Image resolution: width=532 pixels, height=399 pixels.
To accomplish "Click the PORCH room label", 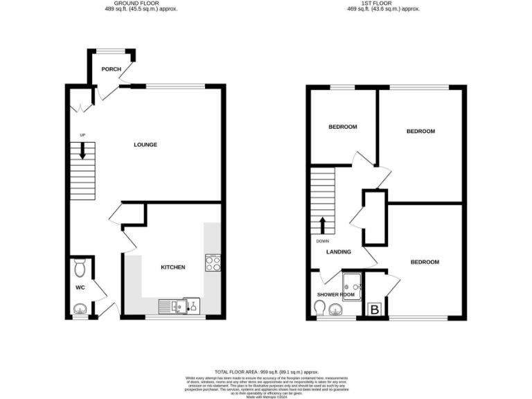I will point(111,69).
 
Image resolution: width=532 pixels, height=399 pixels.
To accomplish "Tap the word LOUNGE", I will point(145,145).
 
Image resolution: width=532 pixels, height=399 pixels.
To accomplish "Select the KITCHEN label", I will point(172,267).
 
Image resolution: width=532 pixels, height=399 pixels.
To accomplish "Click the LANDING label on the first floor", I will point(339,251).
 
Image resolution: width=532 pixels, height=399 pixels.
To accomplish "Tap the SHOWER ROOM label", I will point(335,294).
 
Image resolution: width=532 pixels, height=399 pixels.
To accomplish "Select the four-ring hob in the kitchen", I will point(212,263).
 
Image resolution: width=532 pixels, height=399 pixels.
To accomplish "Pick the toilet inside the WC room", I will point(80,267).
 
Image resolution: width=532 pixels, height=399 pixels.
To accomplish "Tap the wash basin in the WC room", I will point(80,309).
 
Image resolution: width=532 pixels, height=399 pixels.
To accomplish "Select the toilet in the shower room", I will point(319,310).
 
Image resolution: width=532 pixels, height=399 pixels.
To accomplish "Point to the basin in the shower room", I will point(336,309).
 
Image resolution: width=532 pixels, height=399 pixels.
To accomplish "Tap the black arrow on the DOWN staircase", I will point(322,225).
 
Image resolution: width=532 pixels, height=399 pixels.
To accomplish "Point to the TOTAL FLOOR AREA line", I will point(265,371).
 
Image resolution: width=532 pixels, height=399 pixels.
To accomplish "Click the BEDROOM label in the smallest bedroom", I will point(342,127).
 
